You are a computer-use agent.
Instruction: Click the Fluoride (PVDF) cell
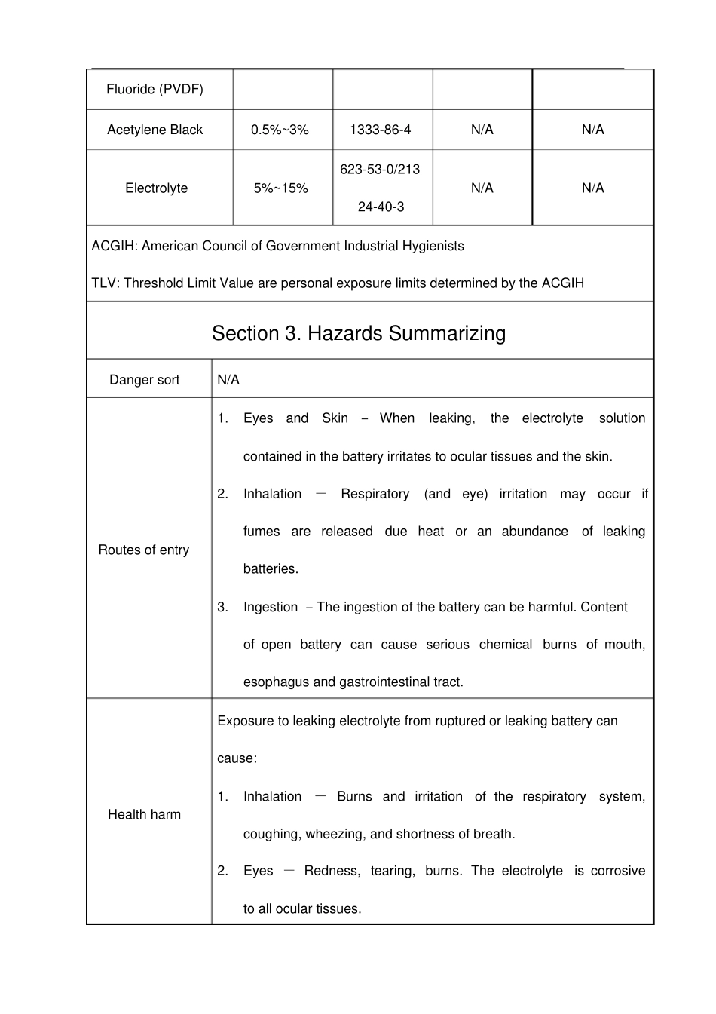[155, 89]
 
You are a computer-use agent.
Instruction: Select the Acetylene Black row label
[155, 130]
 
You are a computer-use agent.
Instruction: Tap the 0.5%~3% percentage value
[280, 130]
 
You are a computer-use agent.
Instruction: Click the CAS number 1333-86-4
[380, 130]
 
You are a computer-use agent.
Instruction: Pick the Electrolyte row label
[156, 188]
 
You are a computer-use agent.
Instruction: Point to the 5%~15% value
[280, 188]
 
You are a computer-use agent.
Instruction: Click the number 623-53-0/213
[380, 169]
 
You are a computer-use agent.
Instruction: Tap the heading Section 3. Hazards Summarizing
[359, 333]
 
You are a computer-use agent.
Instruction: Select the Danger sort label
[144, 379]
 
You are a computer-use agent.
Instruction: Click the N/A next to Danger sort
[228, 379]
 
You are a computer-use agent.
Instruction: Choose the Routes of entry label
[143, 550]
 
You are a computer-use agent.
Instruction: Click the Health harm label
[144, 814]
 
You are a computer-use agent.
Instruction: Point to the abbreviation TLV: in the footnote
[106, 283]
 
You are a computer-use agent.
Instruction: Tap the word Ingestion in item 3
[271, 607]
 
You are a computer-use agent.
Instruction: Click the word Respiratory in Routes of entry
[375, 494]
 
